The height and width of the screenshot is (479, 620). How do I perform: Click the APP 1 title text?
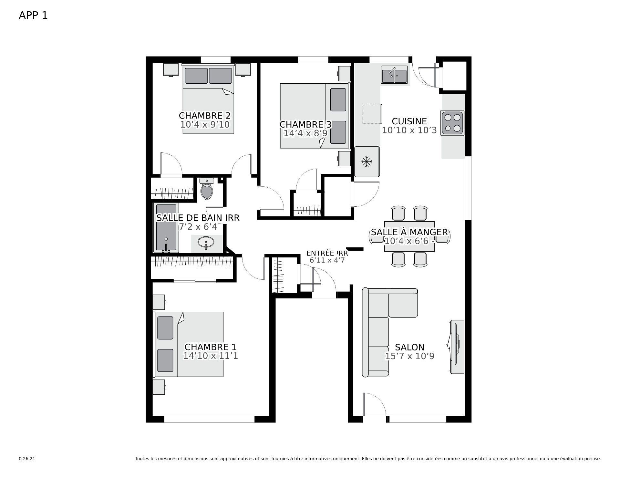[33, 16]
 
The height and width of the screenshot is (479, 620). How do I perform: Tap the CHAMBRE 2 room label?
[205, 116]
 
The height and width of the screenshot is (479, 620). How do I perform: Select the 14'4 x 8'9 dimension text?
[305, 133]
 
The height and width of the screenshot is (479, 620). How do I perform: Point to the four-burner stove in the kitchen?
[452, 123]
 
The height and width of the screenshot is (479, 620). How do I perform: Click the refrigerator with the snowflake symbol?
[367, 161]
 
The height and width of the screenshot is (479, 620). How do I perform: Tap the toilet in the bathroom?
[207, 189]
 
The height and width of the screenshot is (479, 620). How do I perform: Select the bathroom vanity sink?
[206, 242]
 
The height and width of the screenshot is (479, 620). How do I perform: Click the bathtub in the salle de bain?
[166, 228]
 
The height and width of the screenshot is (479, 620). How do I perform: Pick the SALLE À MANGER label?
[409, 232]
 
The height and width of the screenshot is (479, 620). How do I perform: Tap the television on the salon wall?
[457, 347]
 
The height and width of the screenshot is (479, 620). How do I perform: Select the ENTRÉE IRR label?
[327, 253]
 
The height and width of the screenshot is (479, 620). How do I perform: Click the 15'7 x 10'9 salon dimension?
[409, 356]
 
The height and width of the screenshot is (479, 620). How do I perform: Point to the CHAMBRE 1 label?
[211, 347]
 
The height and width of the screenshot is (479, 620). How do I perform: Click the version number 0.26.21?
[27, 459]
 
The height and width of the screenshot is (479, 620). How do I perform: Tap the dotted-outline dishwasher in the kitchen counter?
[372, 114]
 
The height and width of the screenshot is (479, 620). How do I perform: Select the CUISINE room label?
[409, 121]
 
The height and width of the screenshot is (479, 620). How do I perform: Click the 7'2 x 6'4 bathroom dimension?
[198, 227]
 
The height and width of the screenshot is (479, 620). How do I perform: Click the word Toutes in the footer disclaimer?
[142, 459]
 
